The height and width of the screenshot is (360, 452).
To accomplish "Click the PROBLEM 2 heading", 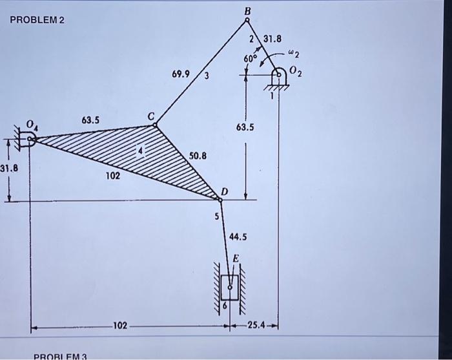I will pos(37,19).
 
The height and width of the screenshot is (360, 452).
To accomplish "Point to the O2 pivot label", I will pos(296,70).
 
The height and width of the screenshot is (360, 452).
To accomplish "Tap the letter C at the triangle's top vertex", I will pos(151,116).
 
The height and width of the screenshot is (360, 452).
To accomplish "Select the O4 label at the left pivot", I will pos(30,123).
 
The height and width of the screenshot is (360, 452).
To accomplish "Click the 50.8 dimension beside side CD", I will pos(198,156).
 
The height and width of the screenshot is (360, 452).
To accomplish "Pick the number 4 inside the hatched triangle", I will pos(143,151).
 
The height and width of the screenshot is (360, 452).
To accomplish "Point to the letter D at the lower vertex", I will pos(225,191).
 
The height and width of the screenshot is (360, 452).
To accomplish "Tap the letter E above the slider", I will pos(236,258).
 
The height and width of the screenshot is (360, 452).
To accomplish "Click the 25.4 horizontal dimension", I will pos(258,324).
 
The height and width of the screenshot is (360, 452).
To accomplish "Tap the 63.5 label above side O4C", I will pos(90,120).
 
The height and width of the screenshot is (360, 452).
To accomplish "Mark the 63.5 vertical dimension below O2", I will pos(245,128).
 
